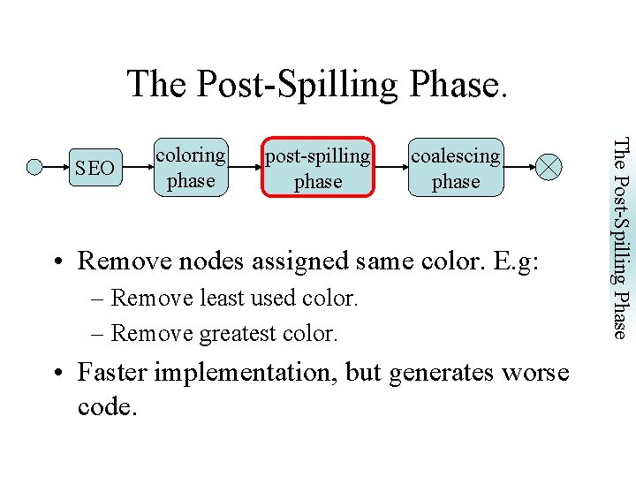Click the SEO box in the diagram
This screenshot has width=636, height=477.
tap(95, 167)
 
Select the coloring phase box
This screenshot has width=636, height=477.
tap(191, 167)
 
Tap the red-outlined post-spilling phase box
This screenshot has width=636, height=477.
tap(318, 168)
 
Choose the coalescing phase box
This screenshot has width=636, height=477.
tap(456, 168)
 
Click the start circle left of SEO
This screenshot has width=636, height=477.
tap(35, 166)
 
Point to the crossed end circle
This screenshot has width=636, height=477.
tap(549, 166)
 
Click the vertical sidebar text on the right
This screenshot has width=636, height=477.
tap(622, 237)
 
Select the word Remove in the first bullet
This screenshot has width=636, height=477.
tap(125, 261)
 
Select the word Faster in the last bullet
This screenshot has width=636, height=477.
tap(115, 373)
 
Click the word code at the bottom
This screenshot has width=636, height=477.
tap(104, 408)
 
